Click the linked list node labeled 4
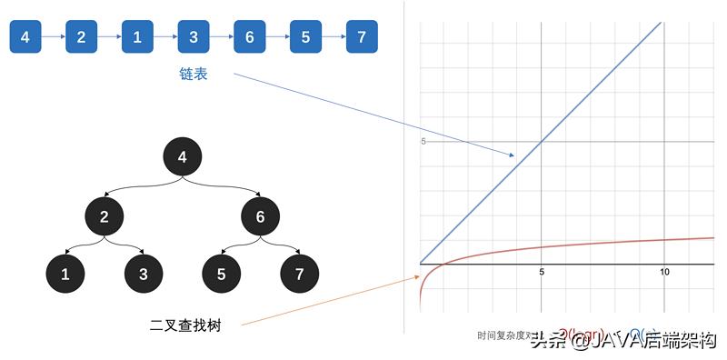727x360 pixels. click(x=25, y=36)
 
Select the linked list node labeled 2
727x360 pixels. click(x=81, y=36)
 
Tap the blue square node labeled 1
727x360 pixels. click(x=137, y=36)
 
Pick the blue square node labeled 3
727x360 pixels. click(x=194, y=36)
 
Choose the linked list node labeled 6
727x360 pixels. click(x=250, y=36)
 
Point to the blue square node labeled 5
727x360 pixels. click(x=305, y=36)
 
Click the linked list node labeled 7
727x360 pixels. click(x=362, y=36)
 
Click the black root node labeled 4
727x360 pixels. click(x=183, y=157)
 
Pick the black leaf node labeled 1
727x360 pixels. click(x=65, y=273)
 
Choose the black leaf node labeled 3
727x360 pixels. click(x=143, y=273)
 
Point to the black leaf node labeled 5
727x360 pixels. click(x=221, y=273)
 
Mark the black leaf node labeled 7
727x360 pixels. click(x=299, y=273)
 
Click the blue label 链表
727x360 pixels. click(x=194, y=75)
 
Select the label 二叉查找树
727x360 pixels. click(x=185, y=324)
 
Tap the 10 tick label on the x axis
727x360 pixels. click(x=664, y=273)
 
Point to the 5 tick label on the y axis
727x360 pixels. click(x=423, y=141)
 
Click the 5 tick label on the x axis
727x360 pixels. click(x=541, y=273)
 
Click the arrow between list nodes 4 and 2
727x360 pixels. click(x=53, y=36)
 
